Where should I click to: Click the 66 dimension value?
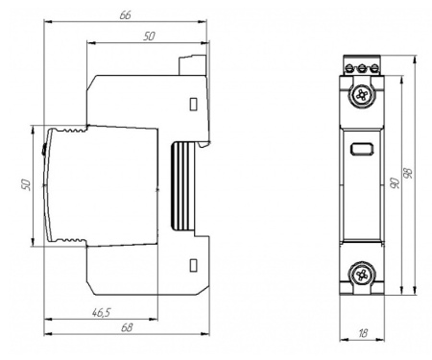tap(126, 14)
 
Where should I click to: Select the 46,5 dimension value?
tap(101, 312)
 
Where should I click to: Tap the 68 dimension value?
tap(127, 327)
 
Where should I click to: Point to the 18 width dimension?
tap(363, 333)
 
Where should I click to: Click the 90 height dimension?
tap(396, 182)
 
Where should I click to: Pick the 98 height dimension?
tap(408, 173)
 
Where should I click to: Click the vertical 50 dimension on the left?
tap(26, 185)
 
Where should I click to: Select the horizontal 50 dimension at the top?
tap(149, 36)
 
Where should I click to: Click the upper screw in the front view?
tap(362, 95)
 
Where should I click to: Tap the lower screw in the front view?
tap(362, 275)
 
